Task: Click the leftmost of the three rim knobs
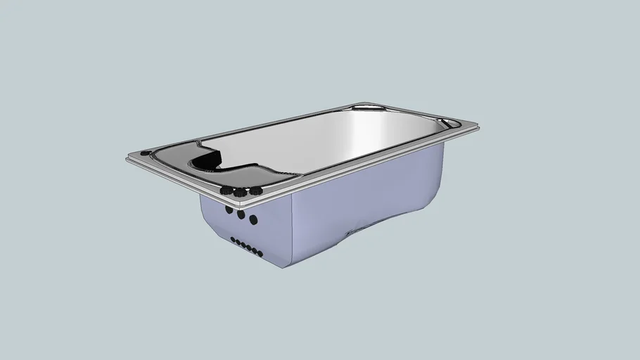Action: pos(226,190)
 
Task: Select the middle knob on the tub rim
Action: pos(239,192)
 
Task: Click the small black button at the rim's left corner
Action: pos(145,152)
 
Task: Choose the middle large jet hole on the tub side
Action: pos(241,215)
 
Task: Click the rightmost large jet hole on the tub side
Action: pos(254,220)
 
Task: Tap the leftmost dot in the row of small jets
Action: pos(233,240)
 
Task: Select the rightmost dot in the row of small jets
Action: pos(260,252)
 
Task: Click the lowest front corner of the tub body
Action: pos(284,268)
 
